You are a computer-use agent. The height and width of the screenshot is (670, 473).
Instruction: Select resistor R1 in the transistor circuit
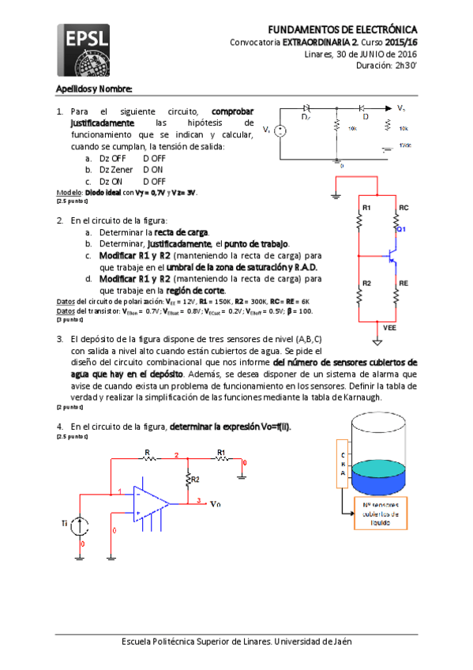pyautogui.click(x=359, y=222)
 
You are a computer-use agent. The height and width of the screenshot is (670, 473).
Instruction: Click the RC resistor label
pyautogui.click(x=404, y=207)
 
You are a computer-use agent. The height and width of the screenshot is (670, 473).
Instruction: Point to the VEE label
pyautogui.click(x=389, y=326)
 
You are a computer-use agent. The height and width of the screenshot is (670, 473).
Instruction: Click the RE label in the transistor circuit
pyautogui.click(x=404, y=282)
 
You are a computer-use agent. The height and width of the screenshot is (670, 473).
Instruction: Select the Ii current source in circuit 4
pyautogui.click(x=81, y=525)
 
